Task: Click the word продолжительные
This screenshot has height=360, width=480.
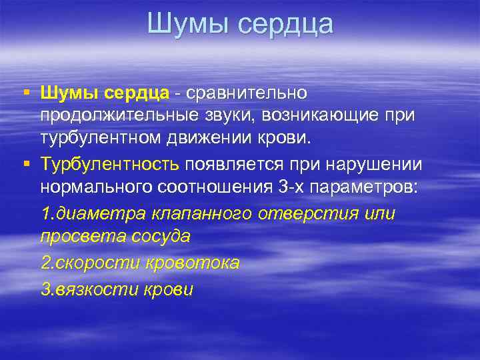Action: click(114, 115)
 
